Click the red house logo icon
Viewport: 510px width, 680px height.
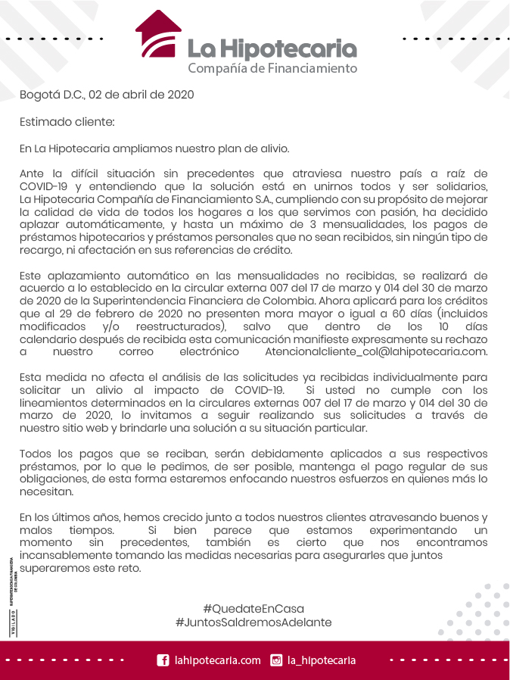(x=158, y=35)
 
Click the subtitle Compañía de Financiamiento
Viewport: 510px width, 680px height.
(x=272, y=69)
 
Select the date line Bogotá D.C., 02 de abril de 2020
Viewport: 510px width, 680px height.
(x=107, y=95)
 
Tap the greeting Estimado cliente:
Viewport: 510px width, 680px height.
(x=67, y=122)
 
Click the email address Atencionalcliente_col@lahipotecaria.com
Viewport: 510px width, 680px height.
(x=376, y=352)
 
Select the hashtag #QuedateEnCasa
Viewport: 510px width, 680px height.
(x=253, y=608)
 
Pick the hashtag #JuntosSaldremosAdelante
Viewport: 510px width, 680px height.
(x=253, y=622)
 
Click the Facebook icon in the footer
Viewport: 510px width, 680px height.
(x=163, y=660)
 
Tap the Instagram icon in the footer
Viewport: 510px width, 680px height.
(x=276, y=660)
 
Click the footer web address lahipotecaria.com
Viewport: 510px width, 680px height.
(x=217, y=660)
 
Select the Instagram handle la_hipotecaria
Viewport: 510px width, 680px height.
(x=322, y=660)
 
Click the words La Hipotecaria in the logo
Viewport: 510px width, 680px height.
(x=272, y=48)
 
